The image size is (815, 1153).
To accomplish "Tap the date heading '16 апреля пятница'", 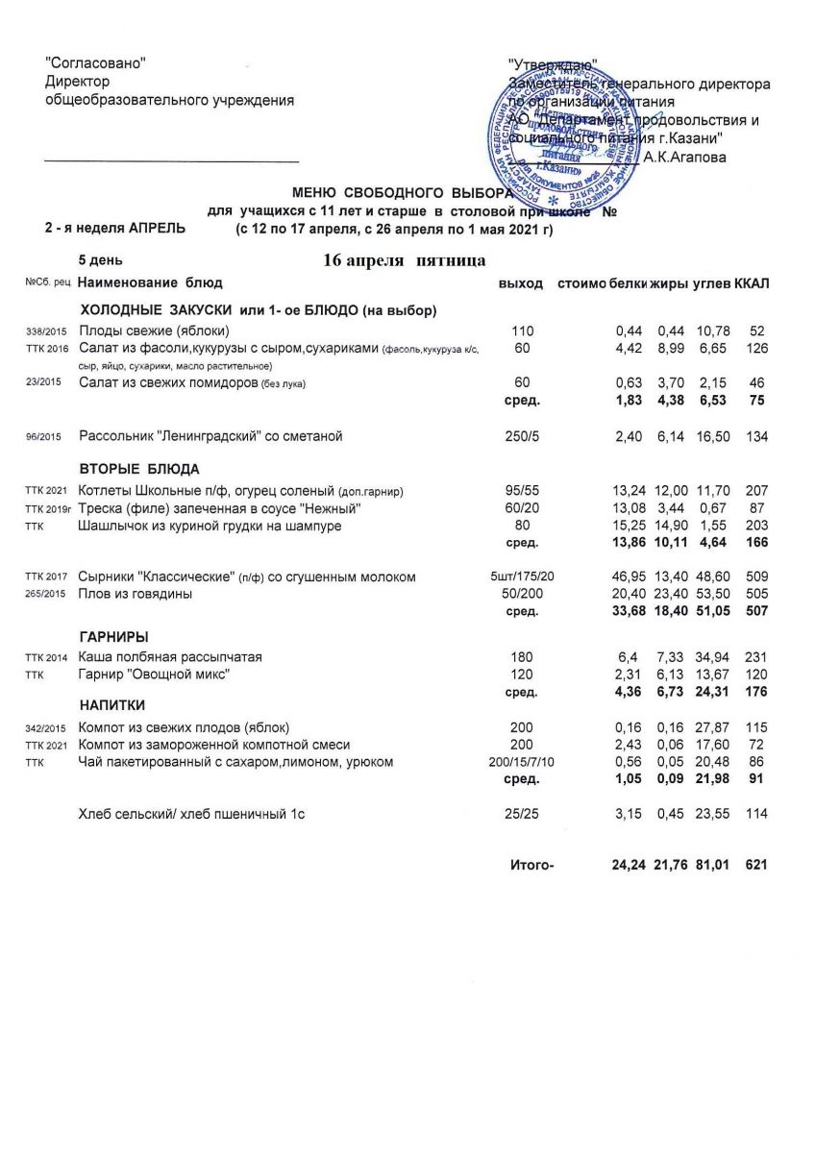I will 405,261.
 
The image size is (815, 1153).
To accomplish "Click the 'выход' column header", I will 521,283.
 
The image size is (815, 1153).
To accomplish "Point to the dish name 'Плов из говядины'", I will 136,595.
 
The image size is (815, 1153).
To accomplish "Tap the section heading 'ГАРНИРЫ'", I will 113,637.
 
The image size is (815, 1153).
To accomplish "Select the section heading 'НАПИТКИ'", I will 111,705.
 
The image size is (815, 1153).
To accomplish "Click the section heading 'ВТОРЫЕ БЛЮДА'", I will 138,469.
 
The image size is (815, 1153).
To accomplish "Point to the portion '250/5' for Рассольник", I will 523,436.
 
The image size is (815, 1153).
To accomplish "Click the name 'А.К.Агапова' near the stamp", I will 685,157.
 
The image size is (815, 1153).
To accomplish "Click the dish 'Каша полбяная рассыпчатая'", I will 171,657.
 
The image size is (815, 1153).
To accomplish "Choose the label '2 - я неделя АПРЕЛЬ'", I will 115,229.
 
